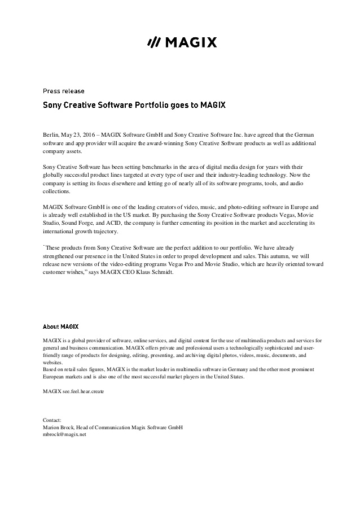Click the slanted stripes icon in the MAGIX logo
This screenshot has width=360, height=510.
[x=153, y=42]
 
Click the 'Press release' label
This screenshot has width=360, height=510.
[x=64, y=91]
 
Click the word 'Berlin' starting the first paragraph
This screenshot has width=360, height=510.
[x=52, y=137]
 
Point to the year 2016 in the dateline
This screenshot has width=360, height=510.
[x=90, y=137]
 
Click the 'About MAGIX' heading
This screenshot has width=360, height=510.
[x=61, y=326]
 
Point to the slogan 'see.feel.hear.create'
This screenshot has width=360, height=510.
[x=82, y=391]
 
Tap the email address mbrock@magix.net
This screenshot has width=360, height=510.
[x=64, y=435]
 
